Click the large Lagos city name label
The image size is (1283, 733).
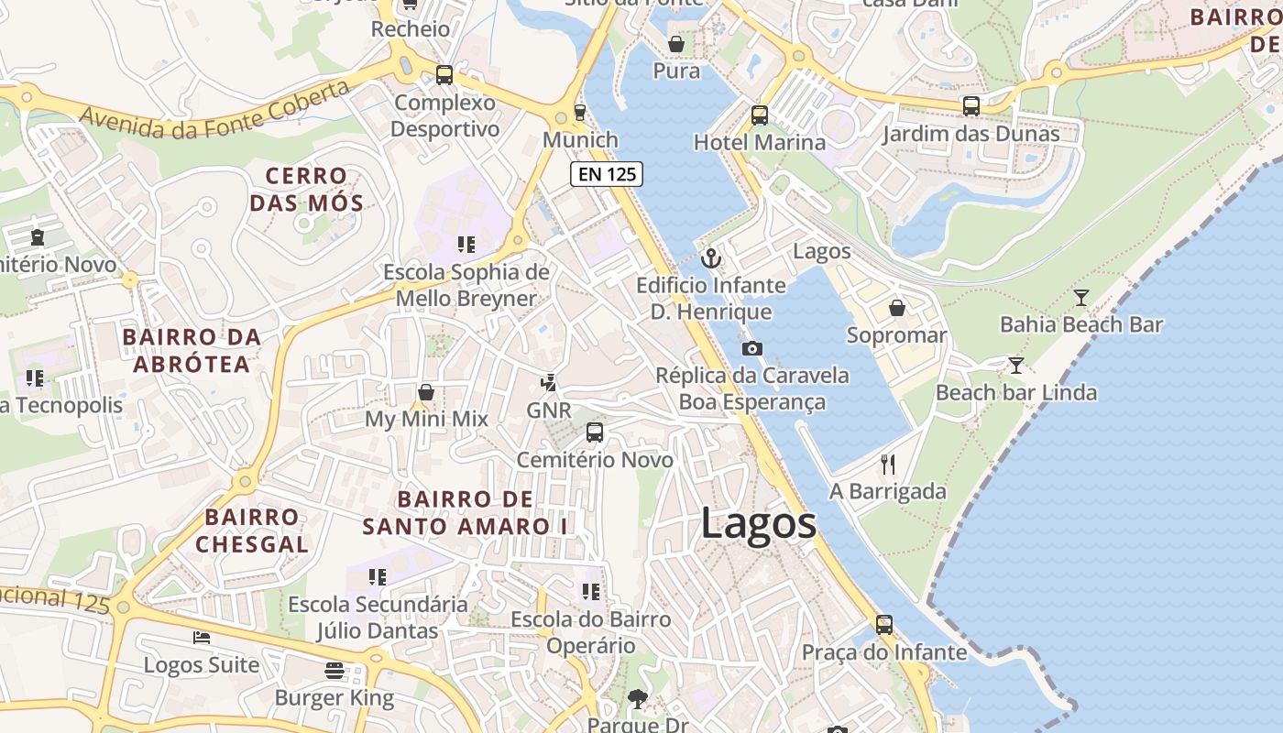(758, 524)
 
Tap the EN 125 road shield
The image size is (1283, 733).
(606, 174)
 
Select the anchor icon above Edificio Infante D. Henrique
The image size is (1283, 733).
(711, 258)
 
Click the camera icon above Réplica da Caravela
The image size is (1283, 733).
(751, 348)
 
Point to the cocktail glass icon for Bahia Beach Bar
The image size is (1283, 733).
(1081, 297)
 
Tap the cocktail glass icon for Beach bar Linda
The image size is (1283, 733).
(1015, 366)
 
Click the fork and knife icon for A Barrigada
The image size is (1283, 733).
(887, 465)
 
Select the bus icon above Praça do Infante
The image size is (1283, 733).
(883, 625)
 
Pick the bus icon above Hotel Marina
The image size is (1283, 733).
(759, 115)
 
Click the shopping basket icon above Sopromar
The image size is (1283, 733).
(896, 308)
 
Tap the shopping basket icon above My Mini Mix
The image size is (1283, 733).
(425, 392)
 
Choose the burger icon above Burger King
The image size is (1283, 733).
(334, 671)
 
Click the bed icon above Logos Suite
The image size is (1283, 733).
(202, 638)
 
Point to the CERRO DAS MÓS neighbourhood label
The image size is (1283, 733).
(307, 189)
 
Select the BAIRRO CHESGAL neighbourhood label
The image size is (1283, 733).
(251, 531)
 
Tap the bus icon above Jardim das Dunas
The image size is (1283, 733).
(970, 106)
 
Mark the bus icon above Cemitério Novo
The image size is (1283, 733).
(595, 432)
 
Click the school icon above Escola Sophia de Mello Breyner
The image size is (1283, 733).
(466, 245)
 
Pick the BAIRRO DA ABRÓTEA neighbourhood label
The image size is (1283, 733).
(192, 351)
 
